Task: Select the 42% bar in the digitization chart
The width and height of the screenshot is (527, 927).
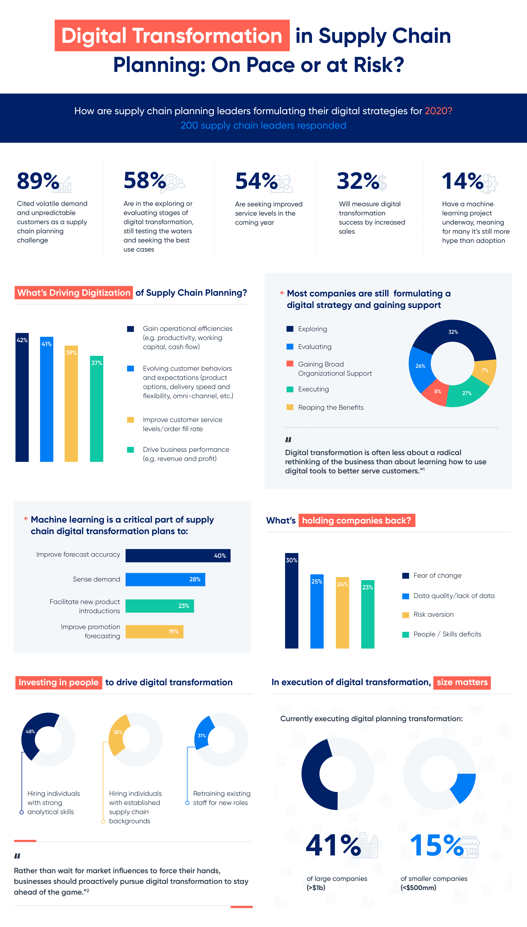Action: pyautogui.click(x=22, y=398)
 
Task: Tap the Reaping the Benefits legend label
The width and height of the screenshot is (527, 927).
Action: pyautogui.click(x=331, y=407)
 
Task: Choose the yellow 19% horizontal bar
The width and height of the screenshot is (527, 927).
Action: pyautogui.click(x=154, y=631)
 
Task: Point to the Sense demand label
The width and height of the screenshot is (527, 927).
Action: pyautogui.click(x=96, y=579)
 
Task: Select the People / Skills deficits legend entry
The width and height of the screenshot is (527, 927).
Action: pyautogui.click(x=447, y=634)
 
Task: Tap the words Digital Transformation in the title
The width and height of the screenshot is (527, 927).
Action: pyautogui.click(x=172, y=35)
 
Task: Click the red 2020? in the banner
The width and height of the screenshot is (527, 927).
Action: pyautogui.click(x=438, y=111)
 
